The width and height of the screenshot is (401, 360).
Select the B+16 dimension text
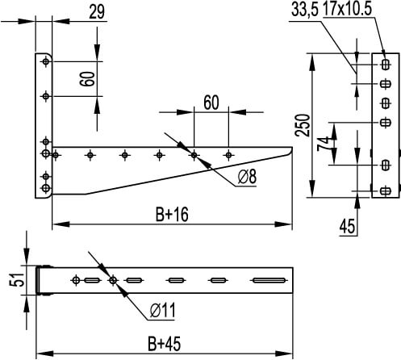(166, 215)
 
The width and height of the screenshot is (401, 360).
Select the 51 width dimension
(12, 280)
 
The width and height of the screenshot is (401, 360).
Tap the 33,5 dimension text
(303, 10)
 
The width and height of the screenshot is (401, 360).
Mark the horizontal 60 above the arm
(211, 103)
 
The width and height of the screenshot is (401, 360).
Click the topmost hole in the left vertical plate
(45, 61)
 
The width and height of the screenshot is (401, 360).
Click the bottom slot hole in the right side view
(385, 190)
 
